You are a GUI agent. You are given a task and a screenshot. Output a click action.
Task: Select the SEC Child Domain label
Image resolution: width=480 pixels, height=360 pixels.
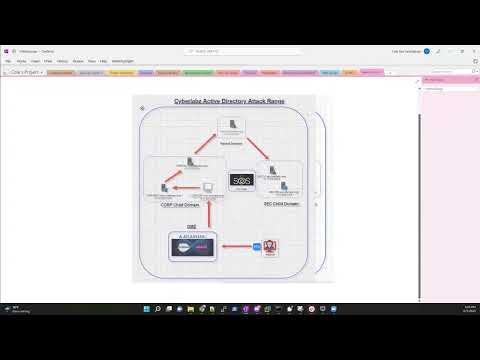pyautogui.click(x=281, y=203)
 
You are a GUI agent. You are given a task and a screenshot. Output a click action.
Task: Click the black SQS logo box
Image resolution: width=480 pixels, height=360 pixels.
pyautogui.click(x=240, y=180)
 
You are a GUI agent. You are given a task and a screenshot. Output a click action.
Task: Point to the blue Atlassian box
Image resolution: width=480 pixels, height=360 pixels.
pyautogui.click(x=191, y=247)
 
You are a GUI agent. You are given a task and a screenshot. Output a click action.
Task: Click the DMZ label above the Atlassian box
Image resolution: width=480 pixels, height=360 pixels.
pyautogui.click(x=191, y=227)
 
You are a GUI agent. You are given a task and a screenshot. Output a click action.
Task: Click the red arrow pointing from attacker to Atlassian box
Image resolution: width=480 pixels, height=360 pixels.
pyautogui.click(x=237, y=246)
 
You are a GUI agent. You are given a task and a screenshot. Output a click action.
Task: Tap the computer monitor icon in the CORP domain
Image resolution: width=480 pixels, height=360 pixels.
pyautogui.click(x=207, y=187)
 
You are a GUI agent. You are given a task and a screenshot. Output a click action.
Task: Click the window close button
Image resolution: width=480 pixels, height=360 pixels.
pyautogui.click(x=471, y=50)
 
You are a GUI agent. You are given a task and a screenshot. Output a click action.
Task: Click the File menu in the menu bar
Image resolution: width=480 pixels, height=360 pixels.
pyautogui.click(x=8, y=60)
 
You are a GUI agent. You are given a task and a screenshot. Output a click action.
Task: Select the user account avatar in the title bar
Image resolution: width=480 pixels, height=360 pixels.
pyautogui.click(x=427, y=50)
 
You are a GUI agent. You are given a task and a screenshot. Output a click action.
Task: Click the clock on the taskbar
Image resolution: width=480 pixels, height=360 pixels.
pyautogui.click(x=442, y=308)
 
